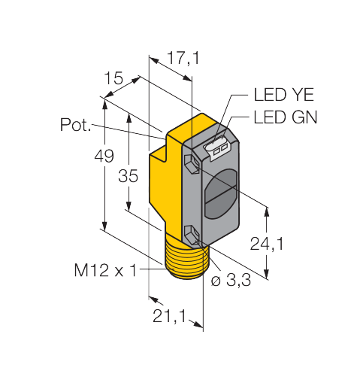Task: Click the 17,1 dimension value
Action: (x=183, y=58)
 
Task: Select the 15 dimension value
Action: (x=113, y=78)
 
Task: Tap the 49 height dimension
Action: (x=104, y=156)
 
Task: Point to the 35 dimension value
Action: (x=128, y=175)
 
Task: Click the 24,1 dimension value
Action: (x=267, y=244)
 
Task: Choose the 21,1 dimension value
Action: (x=169, y=316)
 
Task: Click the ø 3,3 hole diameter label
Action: (x=231, y=280)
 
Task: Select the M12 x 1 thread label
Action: (x=106, y=270)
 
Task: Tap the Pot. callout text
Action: (x=75, y=124)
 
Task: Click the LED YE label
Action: (x=284, y=95)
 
